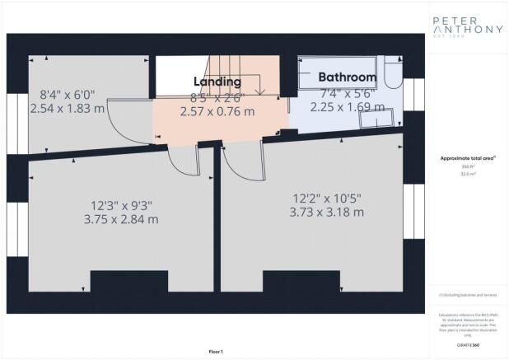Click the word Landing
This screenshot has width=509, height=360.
[217, 82]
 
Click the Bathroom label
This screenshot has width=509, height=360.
[348, 78]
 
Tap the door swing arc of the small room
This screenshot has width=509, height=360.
[124, 124]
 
